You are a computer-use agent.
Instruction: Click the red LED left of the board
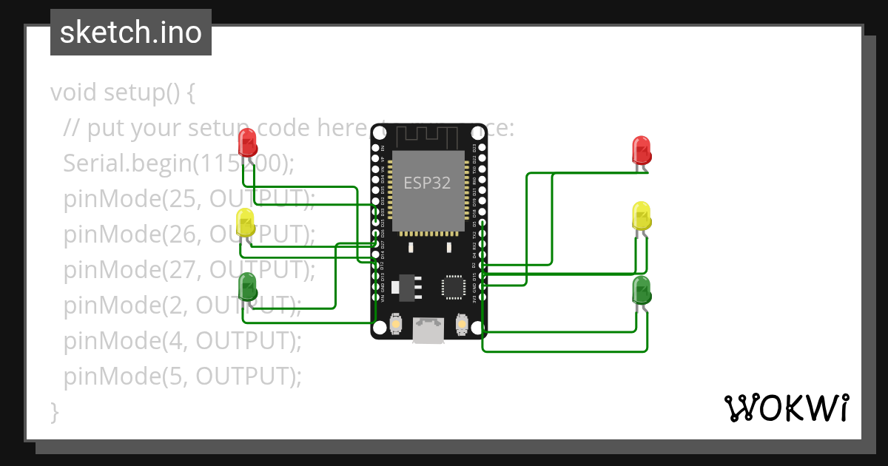tap(247, 142)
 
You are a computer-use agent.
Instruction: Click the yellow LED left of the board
tap(245, 223)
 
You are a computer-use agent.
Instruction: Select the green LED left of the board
tap(247, 287)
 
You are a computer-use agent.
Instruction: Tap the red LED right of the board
tap(642, 149)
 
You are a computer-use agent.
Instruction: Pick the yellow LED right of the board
tap(642, 215)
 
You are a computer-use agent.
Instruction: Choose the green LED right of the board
tap(642, 290)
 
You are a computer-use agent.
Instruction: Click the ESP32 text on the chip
tap(427, 182)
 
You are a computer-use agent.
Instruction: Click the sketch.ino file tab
tap(131, 33)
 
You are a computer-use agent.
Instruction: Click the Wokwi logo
tap(786, 408)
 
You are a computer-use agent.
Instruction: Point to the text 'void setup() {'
tap(123, 93)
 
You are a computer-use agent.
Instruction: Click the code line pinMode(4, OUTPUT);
tap(183, 341)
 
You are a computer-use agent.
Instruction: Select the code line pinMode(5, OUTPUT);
tap(183, 376)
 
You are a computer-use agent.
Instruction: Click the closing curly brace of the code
tap(54, 411)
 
